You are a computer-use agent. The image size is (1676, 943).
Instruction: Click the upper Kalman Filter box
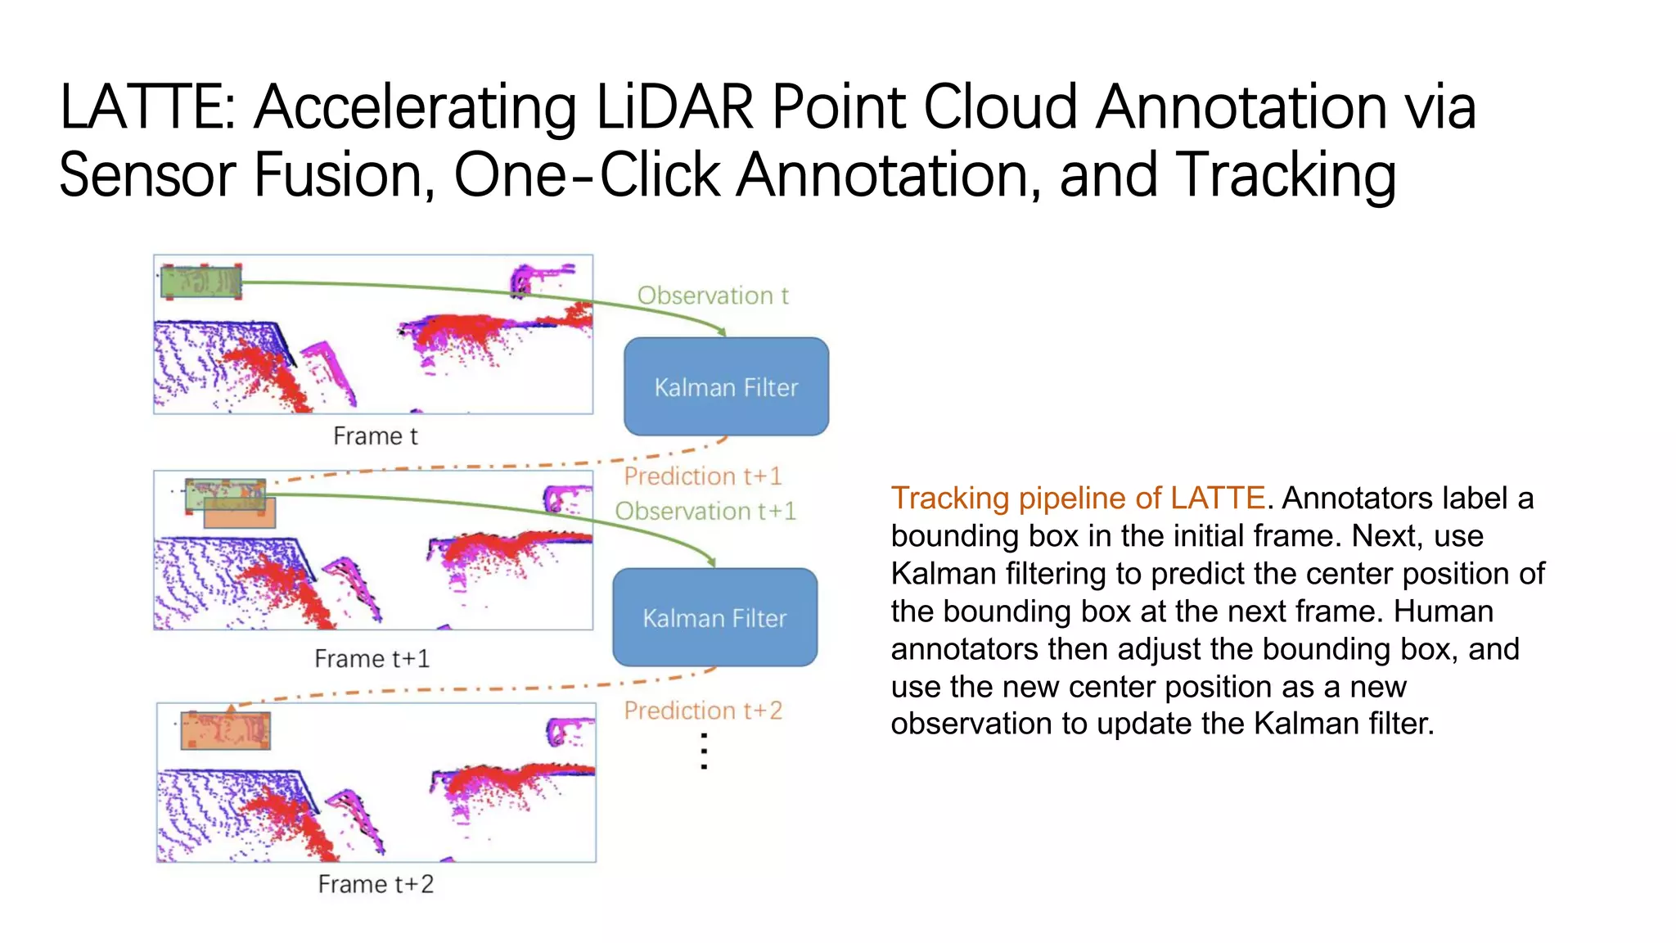pos(726,386)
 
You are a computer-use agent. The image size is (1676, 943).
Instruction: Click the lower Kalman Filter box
pos(714,617)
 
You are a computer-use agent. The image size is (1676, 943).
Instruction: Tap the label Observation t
pos(712,296)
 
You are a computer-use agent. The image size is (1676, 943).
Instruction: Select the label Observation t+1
pos(705,511)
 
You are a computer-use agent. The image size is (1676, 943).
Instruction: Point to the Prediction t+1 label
pos(702,476)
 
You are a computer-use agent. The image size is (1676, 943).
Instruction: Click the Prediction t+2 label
pos(702,710)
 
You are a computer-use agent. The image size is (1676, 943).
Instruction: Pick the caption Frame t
pos(375,436)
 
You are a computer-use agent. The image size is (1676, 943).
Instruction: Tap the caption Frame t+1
pos(372,658)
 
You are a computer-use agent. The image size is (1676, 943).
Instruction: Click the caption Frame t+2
pos(376,884)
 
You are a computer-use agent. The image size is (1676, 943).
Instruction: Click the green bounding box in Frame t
pos(200,282)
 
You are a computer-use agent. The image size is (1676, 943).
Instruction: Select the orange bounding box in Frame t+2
pos(225,730)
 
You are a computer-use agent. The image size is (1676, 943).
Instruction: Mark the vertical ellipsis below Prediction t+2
pos(704,751)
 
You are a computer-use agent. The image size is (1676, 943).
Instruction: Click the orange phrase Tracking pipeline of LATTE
pos(1077,498)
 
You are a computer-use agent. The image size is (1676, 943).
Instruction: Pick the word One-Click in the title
pos(586,175)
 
